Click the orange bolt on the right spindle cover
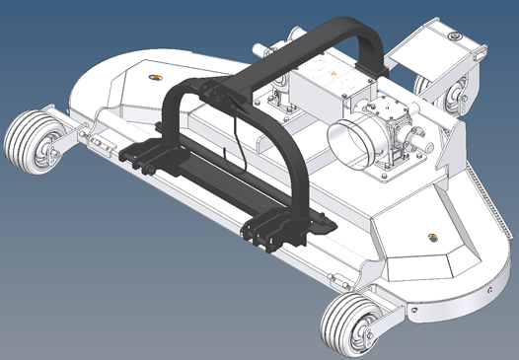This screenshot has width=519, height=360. [x=431, y=235]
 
